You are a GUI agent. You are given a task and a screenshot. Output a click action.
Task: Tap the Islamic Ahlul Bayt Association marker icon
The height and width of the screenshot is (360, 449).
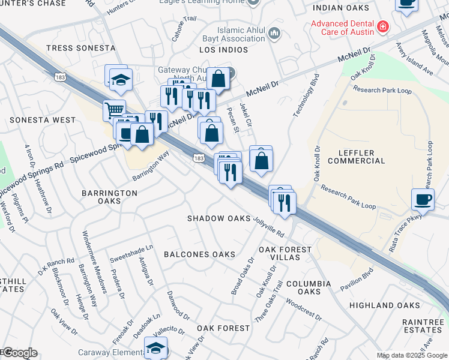tap(275, 32)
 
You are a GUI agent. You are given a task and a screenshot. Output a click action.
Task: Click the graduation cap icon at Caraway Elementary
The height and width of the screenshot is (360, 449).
tap(156, 348)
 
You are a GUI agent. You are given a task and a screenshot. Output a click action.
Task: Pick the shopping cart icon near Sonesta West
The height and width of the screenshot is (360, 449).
tap(114, 110)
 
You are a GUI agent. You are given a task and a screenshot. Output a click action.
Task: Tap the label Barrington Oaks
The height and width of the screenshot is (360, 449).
tap(110, 197)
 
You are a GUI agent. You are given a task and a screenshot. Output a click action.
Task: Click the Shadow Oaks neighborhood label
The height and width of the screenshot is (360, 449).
tap(218, 218)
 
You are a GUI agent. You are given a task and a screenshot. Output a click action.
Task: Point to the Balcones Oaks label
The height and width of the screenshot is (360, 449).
tap(199, 254)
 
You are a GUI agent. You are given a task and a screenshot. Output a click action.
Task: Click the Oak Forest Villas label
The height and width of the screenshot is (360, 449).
tap(285, 253)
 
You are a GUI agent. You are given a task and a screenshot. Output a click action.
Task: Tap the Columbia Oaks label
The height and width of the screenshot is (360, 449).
tap(308, 287)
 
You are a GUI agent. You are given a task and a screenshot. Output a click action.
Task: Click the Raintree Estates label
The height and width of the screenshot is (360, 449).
tap(423, 326)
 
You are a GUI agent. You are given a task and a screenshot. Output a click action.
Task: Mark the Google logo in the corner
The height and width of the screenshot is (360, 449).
tap(19, 353)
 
